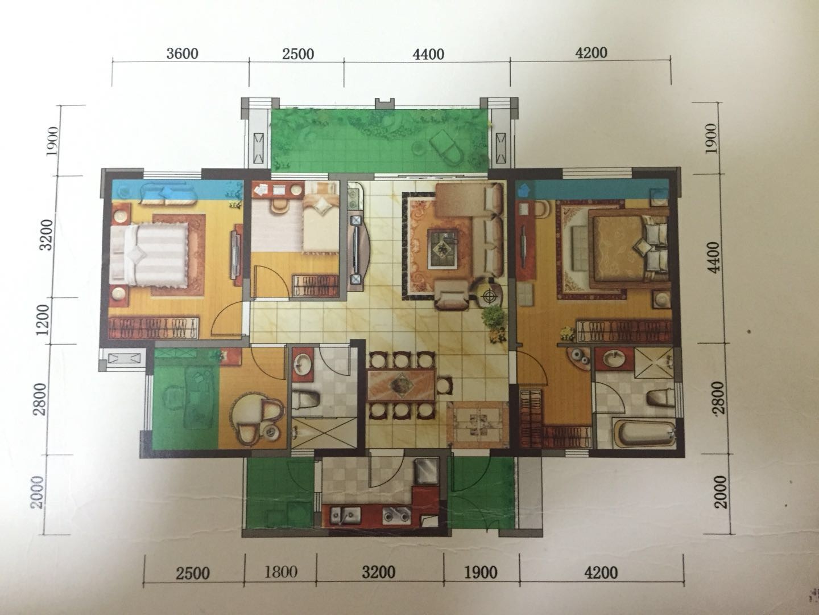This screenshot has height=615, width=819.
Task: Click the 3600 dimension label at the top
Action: click(182, 54)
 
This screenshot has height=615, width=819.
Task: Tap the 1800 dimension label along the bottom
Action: click(280, 572)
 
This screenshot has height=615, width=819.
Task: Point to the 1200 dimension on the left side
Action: click(43, 320)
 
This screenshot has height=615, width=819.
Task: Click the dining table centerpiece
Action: click(402, 384)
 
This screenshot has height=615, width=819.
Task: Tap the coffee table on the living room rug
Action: click(443, 249)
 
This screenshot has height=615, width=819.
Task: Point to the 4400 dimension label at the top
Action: click(428, 55)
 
